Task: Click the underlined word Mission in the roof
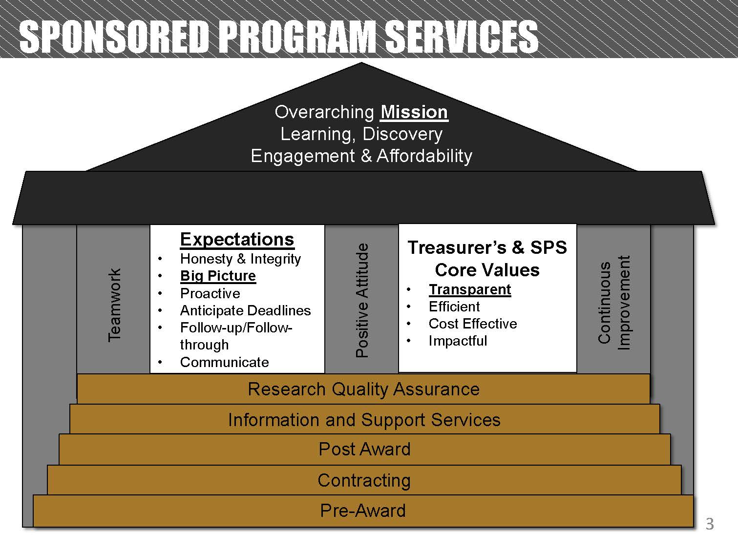414,112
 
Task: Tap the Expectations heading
237,239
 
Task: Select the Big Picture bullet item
218,276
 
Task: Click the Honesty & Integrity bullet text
240,259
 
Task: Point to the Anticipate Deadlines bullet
245,310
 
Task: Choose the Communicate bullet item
224,362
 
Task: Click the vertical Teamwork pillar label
114,305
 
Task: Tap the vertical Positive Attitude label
362,300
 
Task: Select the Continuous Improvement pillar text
614,303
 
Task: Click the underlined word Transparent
469,289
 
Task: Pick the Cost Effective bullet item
472,324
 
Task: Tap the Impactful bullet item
458,341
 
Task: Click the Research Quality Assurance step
363,389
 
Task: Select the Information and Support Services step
364,420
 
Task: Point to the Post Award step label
364,449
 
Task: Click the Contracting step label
364,480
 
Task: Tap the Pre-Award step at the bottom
363,511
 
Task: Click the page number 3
710,525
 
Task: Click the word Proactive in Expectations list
210,293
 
